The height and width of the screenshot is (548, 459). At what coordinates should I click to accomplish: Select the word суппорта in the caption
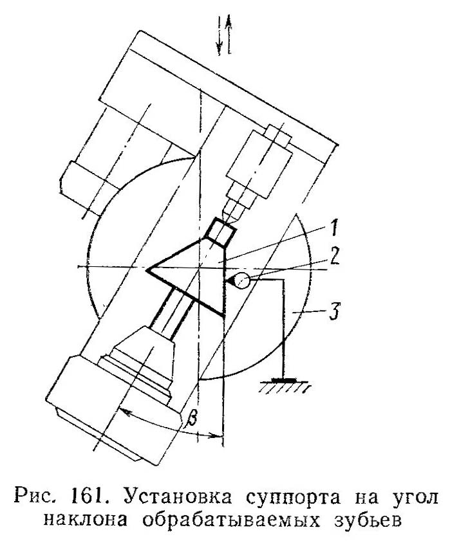click(x=276, y=497)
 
